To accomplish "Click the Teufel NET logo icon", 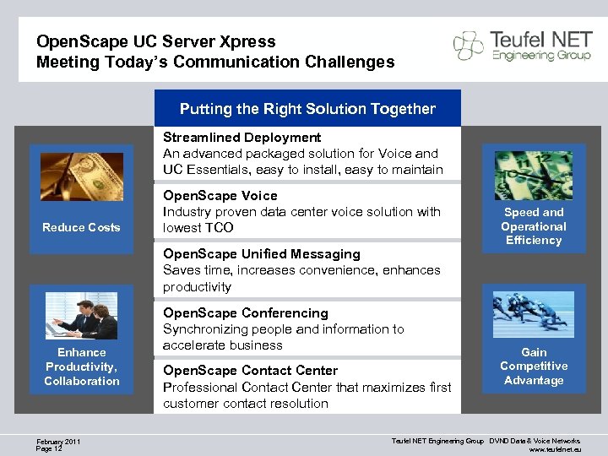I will click(469, 46).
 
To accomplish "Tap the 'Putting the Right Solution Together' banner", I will click(307, 109).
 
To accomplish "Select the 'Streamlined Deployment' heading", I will click(242, 137).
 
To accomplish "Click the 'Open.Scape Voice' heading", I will click(220, 195).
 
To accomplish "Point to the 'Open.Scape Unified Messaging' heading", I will click(261, 253).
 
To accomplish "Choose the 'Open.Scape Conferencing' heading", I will click(245, 312).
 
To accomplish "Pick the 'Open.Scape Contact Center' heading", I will click(250, 370).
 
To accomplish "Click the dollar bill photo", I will click(82, 176).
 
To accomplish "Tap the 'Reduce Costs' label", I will click(81, 227).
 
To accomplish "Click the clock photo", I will click(533, 175).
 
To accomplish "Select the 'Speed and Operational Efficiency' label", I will click(533, 226).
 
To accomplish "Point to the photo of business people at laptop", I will click(82, 316).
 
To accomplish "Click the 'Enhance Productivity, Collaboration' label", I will click(82, 366).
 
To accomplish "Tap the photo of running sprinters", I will click(533, 315).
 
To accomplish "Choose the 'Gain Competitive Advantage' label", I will click(533, 366).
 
